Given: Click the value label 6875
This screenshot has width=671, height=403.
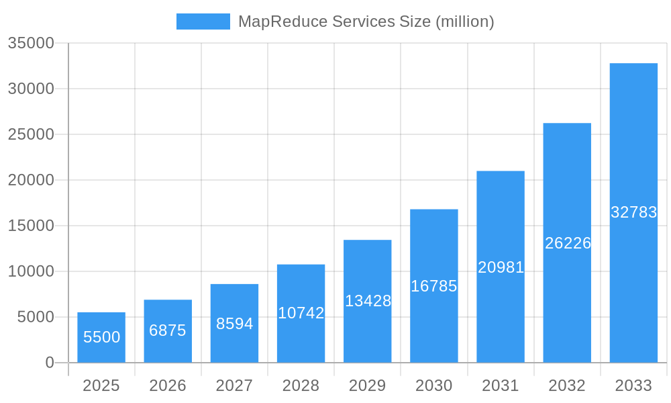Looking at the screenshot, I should [x=168, y=330].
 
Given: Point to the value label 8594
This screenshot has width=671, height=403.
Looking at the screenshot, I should [x=234, y=324].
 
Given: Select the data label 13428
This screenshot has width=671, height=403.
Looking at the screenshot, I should [x=368, y=301].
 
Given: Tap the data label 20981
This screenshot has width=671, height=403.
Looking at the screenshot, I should [x=501, y=267].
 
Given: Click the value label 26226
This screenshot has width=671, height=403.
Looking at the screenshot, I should [x=568, y=243].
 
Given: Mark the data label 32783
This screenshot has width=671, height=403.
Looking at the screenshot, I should [x=633, y=212].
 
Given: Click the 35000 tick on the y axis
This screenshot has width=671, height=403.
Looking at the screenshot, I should [x=31, y=43].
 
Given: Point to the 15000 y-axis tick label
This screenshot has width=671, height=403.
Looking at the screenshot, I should [x=31, y=226].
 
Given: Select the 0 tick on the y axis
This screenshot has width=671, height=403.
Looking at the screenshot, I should [x=50, y=363].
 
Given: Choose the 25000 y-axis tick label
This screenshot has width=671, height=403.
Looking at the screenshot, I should [x=31, y=134].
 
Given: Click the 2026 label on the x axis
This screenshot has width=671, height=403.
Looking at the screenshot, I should [x=168, y=386].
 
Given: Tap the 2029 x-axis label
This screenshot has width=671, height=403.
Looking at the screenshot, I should [x=368, y=386].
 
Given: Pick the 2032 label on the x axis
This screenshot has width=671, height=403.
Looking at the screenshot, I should [x=567, y=386].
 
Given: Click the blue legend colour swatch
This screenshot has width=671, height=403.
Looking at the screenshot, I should [x=203, y=21].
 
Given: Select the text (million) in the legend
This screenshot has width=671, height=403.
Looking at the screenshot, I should [x=465, y=21].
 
